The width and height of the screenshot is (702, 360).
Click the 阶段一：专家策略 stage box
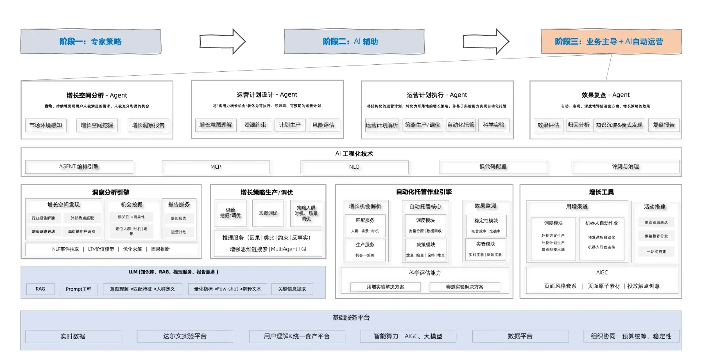coord(91,42)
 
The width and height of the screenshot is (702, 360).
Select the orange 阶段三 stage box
coord(611,42)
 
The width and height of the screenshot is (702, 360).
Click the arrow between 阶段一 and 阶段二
coord(222,42)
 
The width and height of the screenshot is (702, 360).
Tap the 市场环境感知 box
coord(46,125)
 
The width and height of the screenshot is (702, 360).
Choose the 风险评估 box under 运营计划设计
coord(323,125)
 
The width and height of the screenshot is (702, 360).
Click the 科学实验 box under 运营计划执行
coord(493,125)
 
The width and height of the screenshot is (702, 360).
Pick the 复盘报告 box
coord(664,125)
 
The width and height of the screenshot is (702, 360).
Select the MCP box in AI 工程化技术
coord(216,167)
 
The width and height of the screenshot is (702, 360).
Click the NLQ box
coord(354,167)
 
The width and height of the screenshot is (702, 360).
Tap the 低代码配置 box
coord(492,167)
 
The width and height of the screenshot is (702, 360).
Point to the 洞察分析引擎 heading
coord(111,192)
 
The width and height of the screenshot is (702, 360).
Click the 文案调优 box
coord(268,213)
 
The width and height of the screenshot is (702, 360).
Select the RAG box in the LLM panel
coord(40,289)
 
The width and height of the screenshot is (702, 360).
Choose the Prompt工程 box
coord(79,289)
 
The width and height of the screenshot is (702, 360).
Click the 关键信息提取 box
coord(292,289)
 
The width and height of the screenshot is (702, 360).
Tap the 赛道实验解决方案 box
coord(464,287)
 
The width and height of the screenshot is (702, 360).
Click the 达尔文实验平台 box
coord(185,336)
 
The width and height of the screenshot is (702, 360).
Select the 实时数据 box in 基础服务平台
coord(73,336)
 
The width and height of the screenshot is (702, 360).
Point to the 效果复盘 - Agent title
coord(605,95)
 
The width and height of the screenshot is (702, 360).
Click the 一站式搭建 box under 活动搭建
coord(656,252)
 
